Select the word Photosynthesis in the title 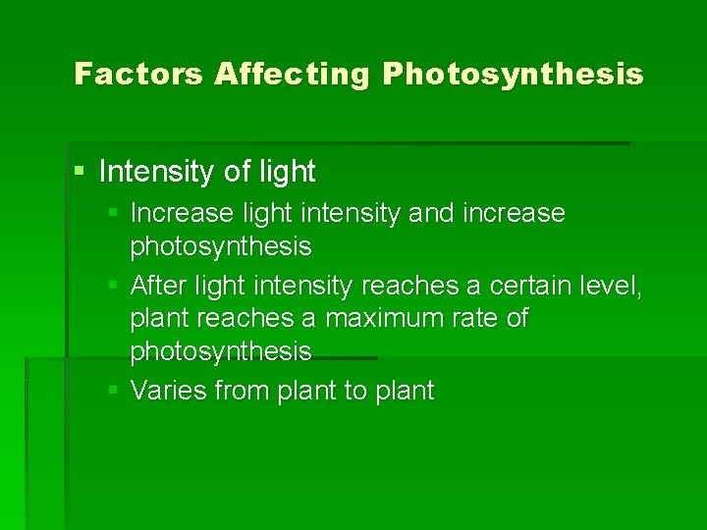pyautogui.click(x=514, y=74)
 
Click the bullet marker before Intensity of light pyautogui.click(x=81, y=172)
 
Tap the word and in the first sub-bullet pyautogui.click(x=431, y=213)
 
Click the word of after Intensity pyautogui.click(x=237, y=172)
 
